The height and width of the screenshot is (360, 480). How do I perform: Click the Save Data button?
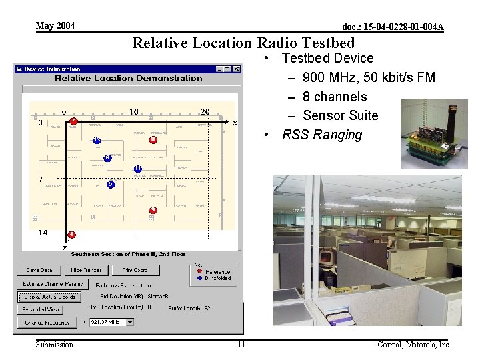[39, 270]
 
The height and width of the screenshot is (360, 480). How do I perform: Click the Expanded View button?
[41, 309]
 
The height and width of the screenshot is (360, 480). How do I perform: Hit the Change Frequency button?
[47, 323]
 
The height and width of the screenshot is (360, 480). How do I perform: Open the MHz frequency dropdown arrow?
[130, 323]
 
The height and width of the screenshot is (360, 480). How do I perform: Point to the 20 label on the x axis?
[205, 112]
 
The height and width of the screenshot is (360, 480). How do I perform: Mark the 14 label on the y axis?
[43, 233]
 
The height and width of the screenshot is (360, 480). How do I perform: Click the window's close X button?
[236, 69]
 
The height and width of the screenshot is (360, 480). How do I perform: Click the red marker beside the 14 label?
[71, 235]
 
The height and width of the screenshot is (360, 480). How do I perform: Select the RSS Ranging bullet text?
[322, 135]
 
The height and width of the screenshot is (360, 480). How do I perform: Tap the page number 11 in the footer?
[241, 345]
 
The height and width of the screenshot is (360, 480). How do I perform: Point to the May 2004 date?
[55, 26]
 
